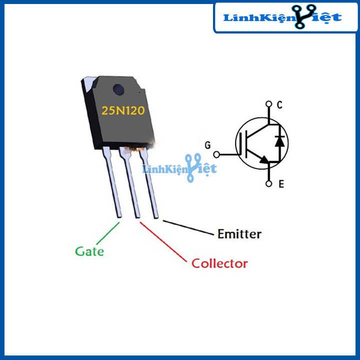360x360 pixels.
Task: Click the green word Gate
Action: coord(89,250)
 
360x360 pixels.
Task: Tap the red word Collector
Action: coord(219,263)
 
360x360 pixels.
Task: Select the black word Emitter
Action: coord(239,233)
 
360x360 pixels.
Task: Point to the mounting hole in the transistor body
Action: coord(118,90)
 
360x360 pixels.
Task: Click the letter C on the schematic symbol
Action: coord(279,105)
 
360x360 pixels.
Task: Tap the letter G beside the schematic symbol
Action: coord(207,145)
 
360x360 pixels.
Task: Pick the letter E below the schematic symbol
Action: coord(281,184)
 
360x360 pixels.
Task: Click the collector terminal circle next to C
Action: coord(269,105)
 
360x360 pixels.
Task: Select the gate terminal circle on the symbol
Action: coord(216,154)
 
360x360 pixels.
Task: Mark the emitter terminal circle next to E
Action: coord(269,184)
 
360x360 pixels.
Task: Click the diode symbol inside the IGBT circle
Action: coord(280,141)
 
